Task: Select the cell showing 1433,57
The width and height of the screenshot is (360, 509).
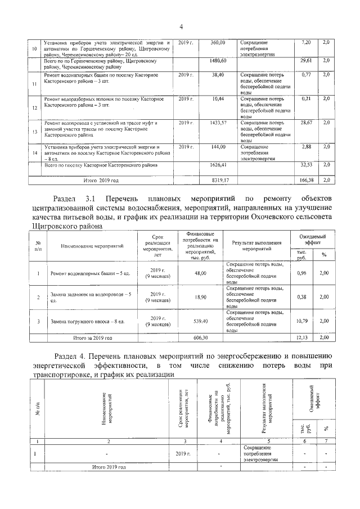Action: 217,122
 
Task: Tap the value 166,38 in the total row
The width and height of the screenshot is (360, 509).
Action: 307,180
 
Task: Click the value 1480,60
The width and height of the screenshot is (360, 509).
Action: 217,60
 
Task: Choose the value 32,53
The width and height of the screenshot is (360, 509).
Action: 307,165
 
